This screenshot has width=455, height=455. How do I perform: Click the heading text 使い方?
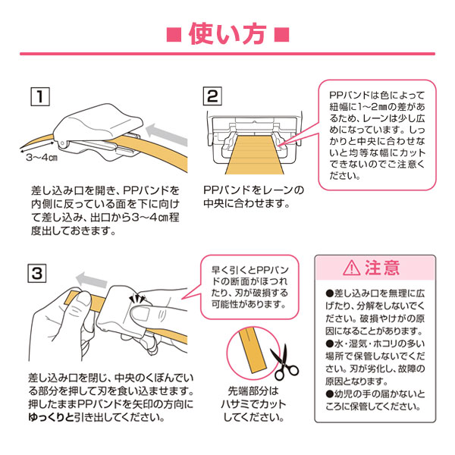[x=227, y=35]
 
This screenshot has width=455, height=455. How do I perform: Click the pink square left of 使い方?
[x=174, y=36]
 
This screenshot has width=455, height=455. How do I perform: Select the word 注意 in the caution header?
[x=384, y=268]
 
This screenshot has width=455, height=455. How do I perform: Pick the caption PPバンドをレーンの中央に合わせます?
[x=253, y=196]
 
